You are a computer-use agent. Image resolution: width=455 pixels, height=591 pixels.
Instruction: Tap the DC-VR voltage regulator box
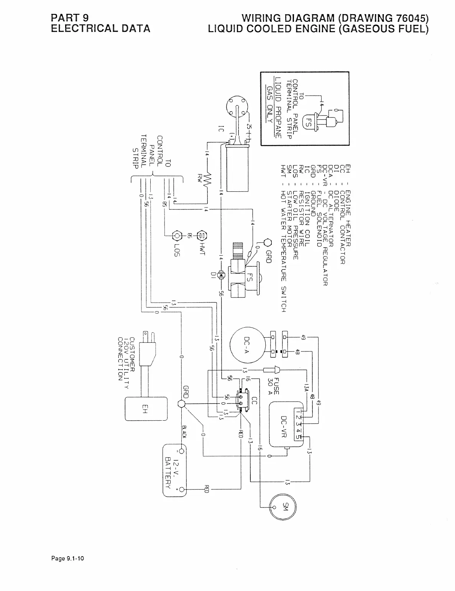tap(286, 424)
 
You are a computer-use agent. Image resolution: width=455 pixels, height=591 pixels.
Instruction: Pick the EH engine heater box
tap(146, 409)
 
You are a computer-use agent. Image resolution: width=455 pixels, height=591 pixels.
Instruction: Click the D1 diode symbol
tap(221, 274)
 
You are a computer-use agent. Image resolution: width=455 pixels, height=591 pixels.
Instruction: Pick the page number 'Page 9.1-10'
tap(67, 558)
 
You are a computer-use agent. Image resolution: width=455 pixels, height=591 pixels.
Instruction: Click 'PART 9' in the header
tap(70, 18)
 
